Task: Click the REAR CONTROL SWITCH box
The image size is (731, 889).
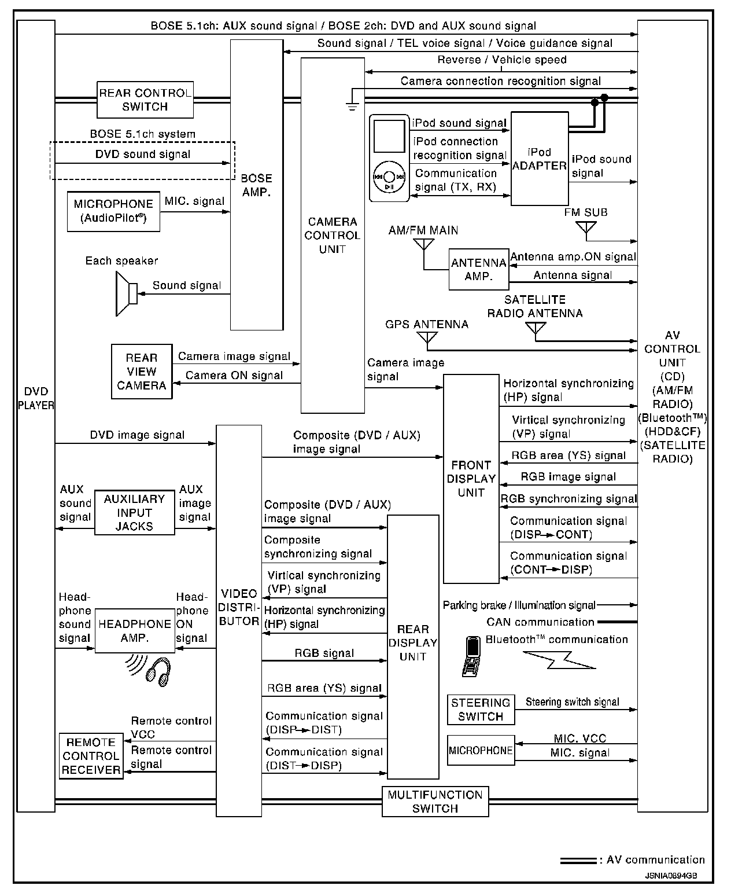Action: [x=145, y=100]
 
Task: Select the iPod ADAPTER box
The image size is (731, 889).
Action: [x=539, y=159]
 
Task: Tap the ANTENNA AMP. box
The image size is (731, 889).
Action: [x=478, y=270]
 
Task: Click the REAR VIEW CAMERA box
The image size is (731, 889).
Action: [x=141, y=372]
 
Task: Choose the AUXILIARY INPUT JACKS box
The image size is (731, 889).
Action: [x=134, y=513]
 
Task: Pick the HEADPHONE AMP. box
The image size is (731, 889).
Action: [x=135, y=631]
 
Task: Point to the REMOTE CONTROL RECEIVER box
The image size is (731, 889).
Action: [x=91, y=756]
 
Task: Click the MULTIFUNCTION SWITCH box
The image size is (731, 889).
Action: [x=435, y=802]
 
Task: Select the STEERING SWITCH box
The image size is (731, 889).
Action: [x=481, y=710]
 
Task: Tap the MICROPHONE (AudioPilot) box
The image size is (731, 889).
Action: [x=113, y=211]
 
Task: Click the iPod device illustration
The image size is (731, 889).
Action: [x=389, y=158]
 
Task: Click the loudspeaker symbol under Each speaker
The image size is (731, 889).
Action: [x=126, y=293]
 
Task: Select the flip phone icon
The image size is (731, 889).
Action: [x=472, y=656]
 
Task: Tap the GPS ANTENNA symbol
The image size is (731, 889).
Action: [x=427, y=339]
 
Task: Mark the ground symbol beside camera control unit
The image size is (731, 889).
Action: [x=352, y=105]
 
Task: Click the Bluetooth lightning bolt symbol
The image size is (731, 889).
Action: [x=559, y=660]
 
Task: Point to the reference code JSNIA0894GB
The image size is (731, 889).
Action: [x=671, y=876]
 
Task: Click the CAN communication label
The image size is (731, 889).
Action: [x=540, y=622]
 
